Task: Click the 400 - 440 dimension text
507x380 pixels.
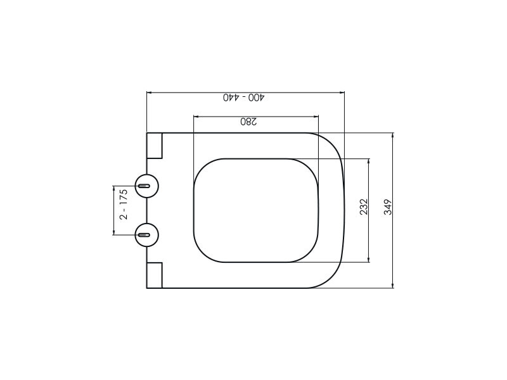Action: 244,98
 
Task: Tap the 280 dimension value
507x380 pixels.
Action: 248,122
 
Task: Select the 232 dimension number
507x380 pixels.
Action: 364,207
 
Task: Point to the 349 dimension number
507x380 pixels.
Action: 388,207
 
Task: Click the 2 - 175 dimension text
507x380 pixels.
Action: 124,205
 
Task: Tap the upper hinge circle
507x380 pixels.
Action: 147,186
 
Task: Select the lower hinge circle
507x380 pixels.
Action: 147,234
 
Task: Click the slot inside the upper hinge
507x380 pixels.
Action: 144,186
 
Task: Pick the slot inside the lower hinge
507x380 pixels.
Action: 144,234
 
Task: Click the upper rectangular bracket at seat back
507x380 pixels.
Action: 154,146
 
